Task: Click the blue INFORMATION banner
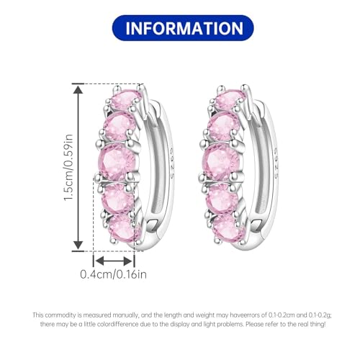click(183, 28)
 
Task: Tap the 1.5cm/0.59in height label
click(68, 168)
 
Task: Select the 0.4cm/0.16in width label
click(113, 274)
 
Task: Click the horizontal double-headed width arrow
click(114, 261)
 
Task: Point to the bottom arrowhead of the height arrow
click(78, 245)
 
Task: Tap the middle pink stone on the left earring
click(117, 161)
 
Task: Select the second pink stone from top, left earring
click(118, 127)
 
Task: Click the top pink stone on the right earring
click(229, 99)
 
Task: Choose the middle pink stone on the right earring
click(221, 161)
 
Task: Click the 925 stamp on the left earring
click(172, 164)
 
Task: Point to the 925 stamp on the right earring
click(275, 164)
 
